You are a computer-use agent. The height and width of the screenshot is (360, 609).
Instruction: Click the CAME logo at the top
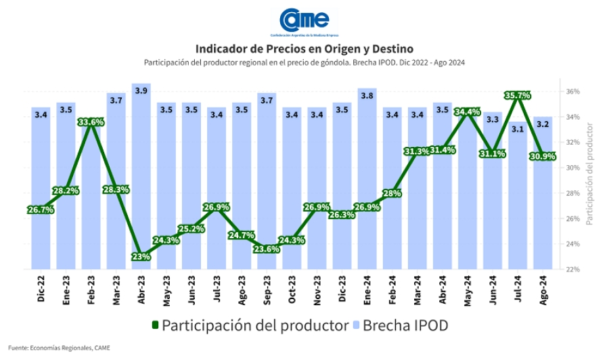tap(304, 20)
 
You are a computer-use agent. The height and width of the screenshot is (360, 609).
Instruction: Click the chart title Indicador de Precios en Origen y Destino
tap(304, 49)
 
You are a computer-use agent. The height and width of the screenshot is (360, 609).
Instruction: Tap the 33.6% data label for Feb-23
tap(91, 122)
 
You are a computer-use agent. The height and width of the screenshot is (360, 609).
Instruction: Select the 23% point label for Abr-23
tap(141, 256)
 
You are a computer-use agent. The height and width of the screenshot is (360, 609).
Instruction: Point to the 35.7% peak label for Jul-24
tap(518, 96)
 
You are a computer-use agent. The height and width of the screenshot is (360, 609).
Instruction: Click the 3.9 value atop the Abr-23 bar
tap(141, 91)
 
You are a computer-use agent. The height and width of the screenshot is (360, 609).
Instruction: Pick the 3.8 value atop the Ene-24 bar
tap(367, 96)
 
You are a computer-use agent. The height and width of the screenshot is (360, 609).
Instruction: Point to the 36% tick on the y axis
tap(572, 91)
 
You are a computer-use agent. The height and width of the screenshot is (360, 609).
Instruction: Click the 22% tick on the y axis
tap(572, 269)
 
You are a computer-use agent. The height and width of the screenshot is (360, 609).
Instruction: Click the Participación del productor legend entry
tap(248, 325)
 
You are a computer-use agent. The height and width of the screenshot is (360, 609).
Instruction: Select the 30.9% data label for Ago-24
tap(543, 156)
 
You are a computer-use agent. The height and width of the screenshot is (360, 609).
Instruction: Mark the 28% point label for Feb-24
tap(392, 193)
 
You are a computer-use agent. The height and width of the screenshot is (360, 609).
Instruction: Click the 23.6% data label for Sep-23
tap(267, 249)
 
